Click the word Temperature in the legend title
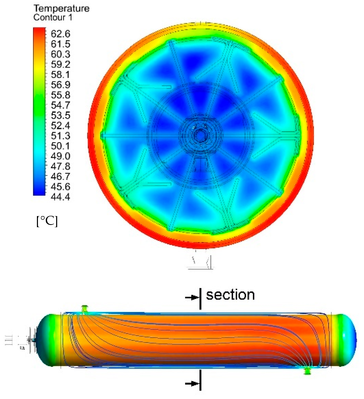click(x=61, y=8)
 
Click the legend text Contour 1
click(x=53, y=17)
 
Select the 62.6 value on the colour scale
click(x=60, y=34)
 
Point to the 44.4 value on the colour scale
click(x=60, y=197)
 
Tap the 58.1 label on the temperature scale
click(x=60, y=74)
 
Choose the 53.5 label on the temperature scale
click(x=60, y=115)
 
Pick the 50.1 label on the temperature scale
click(x=60, y=146)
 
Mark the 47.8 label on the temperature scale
click(x=60, y=166)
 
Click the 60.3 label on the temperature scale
click(x=60, y=54)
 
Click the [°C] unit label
click(x=47, y=221)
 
